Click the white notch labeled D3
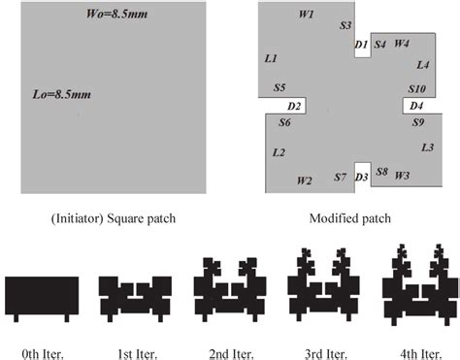pyautogui.click(x=362, y=176)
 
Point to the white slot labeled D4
pyautogui.click(x=417, y=105)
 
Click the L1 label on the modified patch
pyautogui.click(x=271, y=59)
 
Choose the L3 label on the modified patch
pyautogui.click(x=427, y=147)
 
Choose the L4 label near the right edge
pyautogui.click(x=422, y=65)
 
